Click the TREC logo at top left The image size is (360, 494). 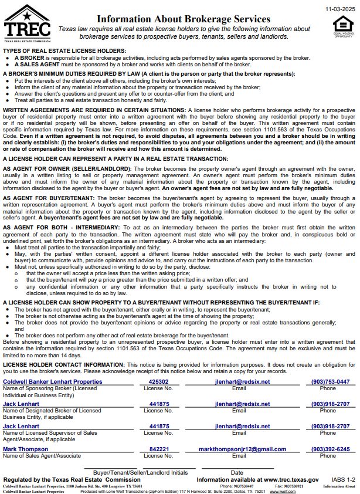(x=26, y=22)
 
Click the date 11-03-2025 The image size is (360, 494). (x=339, y=9)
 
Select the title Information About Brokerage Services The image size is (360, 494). (x=184, y=19)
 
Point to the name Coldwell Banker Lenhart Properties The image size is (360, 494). (x=53, y=381)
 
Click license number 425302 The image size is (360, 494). (x=159, y=381)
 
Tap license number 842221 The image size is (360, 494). (x=159, y=449)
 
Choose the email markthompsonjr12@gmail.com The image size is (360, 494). (x=242, y=449)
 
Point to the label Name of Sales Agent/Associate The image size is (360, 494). (x=42, y=456)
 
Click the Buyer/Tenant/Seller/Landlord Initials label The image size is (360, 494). (x=140, y=472)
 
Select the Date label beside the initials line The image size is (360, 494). (x=237, y=472)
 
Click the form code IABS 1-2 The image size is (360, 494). (x=342, y=479)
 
